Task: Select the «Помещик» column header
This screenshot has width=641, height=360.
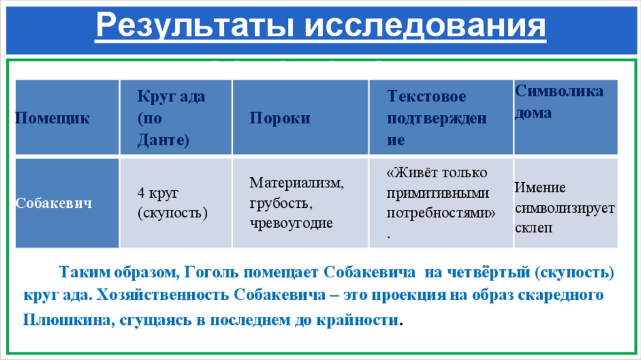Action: [x=52, y=118]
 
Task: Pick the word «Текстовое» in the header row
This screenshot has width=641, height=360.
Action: [x=426, y=97]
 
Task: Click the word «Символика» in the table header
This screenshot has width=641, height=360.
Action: [x=560, y=91]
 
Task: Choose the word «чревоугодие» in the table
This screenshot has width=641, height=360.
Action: [x=291, y=223]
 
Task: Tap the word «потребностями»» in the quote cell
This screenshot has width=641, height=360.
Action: [x=441, y=213]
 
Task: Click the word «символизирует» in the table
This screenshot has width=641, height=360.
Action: [x=565, y=208]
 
